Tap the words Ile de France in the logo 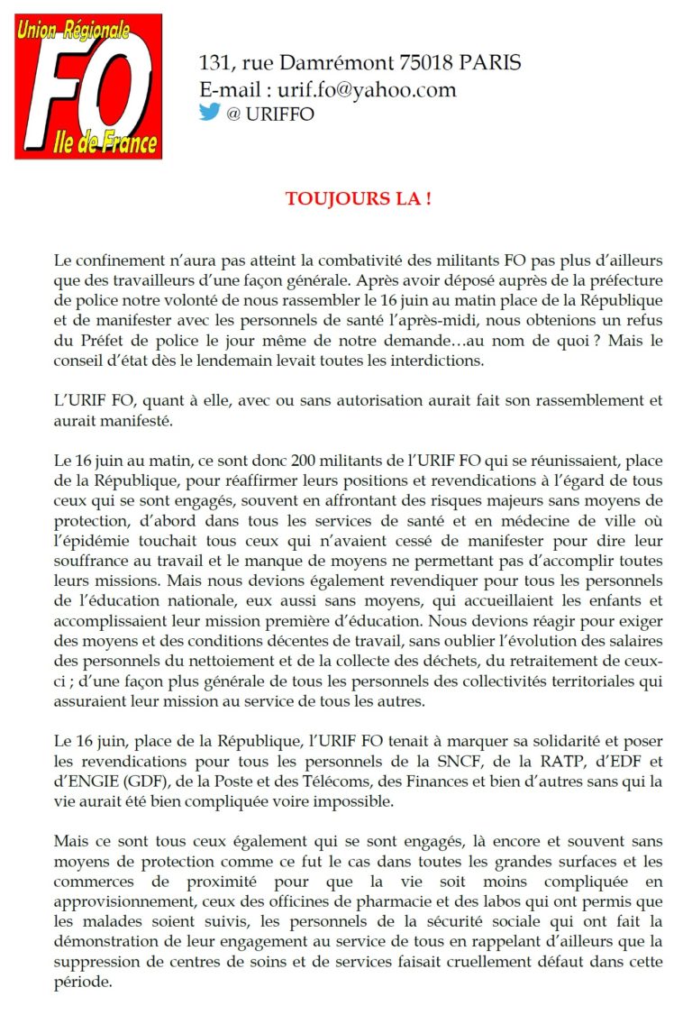click(107, 142)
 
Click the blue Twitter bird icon click(209, 112)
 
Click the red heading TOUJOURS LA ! click(358, 198)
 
